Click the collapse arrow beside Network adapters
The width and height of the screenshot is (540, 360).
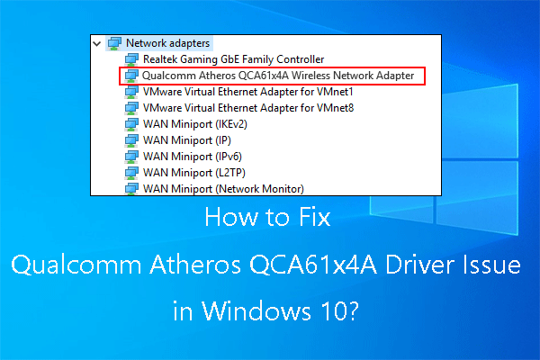click(x=96, y=42)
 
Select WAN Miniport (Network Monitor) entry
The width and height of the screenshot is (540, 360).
click(x=223, y=188)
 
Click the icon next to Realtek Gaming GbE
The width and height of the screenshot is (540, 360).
click(x=130, y=58)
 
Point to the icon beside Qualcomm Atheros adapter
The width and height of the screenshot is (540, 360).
click(x=130, y=76)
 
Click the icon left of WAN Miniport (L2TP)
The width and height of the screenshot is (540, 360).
click(x=130, y=173)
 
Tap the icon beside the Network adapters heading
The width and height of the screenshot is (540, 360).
click(x=114, y=42)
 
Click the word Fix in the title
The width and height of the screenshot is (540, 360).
click(x=315, y=218)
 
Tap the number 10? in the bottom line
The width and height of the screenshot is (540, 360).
click(x=346, y=315)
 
